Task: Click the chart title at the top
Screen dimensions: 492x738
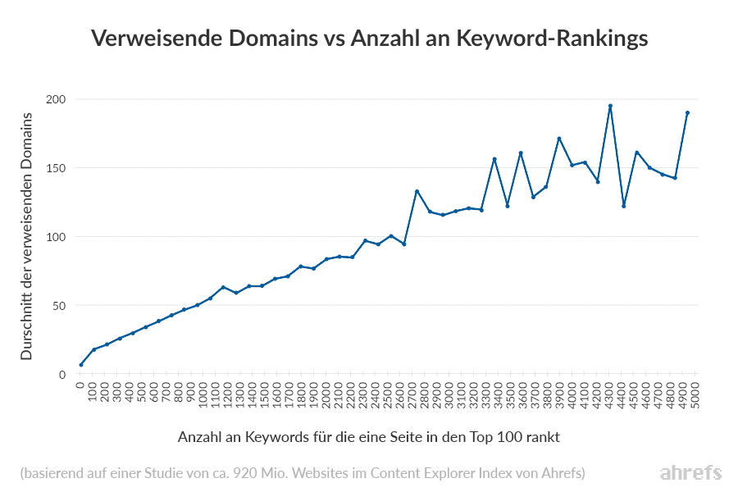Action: tap(369, 39)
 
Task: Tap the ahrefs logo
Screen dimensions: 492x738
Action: tap(690, 473)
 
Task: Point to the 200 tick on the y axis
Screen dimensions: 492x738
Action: tap(56, 99)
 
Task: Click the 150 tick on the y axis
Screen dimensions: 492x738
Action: tap(56, 168)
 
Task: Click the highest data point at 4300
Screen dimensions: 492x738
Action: tap(610, 106)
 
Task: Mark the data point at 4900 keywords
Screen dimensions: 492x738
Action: tap(687, 112)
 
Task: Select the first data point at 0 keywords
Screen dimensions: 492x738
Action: tap(81, 365)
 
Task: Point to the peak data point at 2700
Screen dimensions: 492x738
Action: tap(417, 191)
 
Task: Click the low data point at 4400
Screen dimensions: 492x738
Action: tap(623, 206)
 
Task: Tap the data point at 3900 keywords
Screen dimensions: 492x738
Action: tap(559, 139)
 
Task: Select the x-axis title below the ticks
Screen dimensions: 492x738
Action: tap(369, 437)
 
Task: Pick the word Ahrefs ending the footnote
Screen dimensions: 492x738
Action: tap(565, 473)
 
